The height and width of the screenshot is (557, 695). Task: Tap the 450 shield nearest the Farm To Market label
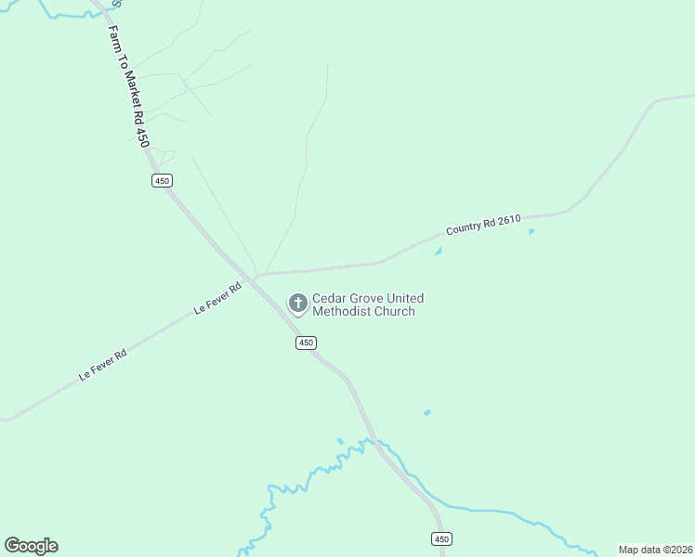pyautogui.click(x=162, y=181)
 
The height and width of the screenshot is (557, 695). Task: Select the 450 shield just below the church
pyautogui.click(x=307, y=343)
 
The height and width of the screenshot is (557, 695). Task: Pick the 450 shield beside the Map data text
pyautogui.click(x=442, y=539)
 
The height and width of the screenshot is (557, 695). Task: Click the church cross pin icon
pyautogui.click(x=297, y=303)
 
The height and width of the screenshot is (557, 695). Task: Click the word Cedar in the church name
pyautogui.click(x=328, y=298)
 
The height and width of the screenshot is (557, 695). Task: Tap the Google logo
pyautogui.click(x=31, y=546)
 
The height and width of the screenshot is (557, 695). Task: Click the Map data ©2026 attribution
pyautogui.click(x=655, y=550)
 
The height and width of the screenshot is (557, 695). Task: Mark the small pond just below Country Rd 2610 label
pyautogui.click(x=438, y=251)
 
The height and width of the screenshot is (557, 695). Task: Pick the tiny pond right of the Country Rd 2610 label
pyautogui.click(x=531, y=231)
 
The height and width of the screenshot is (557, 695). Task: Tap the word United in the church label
pyautogui.click(x=405, y=298)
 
